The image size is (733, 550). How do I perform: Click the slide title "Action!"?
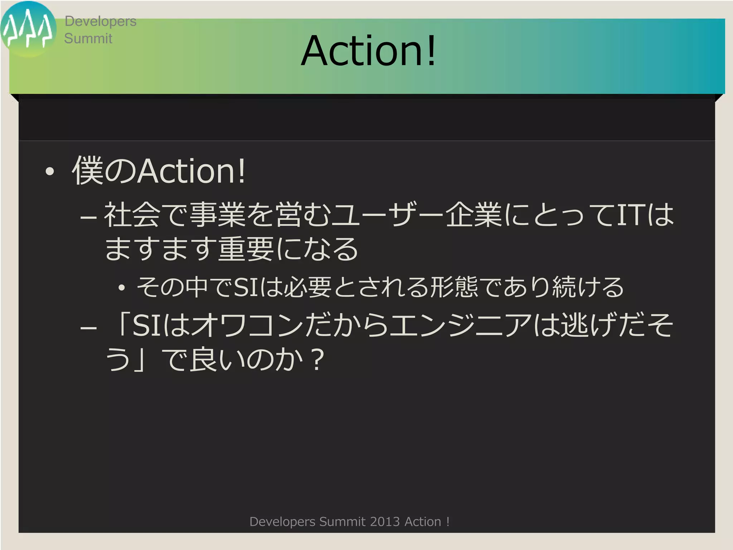coord(368,51)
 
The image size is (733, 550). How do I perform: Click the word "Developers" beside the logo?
coord(100,21)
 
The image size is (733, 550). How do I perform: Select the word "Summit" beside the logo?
coord(88,38)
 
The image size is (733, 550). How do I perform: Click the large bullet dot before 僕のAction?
coord(50,172)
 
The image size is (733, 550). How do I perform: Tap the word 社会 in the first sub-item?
coord(132,215)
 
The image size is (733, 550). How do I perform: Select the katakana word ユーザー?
coord(388,215)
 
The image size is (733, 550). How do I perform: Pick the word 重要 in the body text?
coord(247,249)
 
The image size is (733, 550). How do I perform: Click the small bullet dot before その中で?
coord(122,288)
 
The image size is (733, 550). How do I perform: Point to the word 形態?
coord(454,287)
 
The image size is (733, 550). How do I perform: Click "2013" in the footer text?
coord(385,522)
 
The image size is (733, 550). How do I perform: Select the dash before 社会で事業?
coord(88,217)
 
